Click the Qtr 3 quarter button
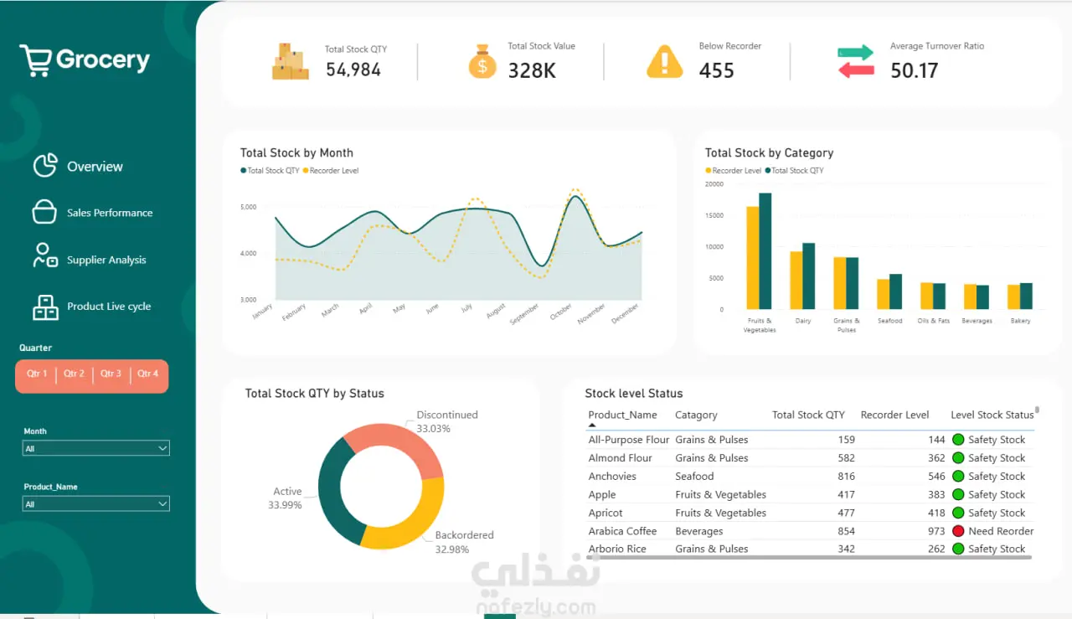(111, 374)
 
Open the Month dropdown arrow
(162, 448)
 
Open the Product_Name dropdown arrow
(162, 503)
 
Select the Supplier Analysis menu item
(106, 260)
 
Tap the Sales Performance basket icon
(44, 212)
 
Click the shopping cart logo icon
(35, 60)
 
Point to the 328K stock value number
(532, 71)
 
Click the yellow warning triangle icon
(664, 62)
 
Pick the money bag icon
(482, 61)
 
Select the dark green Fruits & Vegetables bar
(765, 251)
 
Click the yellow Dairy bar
(796, 280)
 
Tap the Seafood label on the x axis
(889, 321)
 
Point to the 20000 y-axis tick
(714, 184)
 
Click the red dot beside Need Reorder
(958, 531)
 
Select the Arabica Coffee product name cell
(622, 531)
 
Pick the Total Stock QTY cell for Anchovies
(846, 477)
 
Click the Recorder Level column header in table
(894, 415)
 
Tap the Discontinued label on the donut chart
(447, 415)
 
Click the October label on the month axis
(561, 312)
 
